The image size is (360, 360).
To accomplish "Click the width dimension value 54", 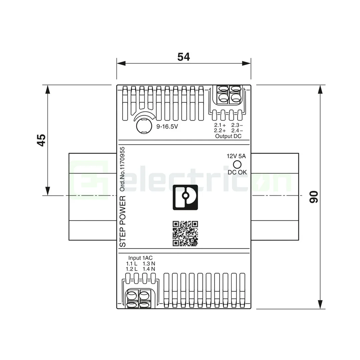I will pyautogui.click(x=183, y=57).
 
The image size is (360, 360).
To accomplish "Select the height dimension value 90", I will pyautogui.click(x=314, y=197).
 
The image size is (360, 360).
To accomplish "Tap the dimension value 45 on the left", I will pyautogui.click(x=41, y=140).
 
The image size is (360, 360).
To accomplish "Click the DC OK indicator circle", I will pyautogui.click(x=237, y=164).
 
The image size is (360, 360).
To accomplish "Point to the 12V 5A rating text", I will pyautogui.click(x=236, y=156).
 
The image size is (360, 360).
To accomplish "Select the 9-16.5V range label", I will pyautogui.click(x=167, y=127).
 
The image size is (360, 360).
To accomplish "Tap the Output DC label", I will pyautogui.click(x=228, y=136).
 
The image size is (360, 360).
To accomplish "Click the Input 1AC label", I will pyautogui.click(x=141, y=258).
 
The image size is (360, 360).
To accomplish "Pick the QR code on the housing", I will pyautogui.click(x=185, y=233).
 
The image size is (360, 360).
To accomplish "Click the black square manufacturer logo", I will pyautogui.click(x=185, y=197).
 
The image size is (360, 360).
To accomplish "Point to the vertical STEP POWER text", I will pyautogui.click(x=123, y=222).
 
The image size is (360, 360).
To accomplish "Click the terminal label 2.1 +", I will pyautogui.click(x=220, y=125).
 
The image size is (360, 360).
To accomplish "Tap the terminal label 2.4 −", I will pyautogui.click(x=237, y=131).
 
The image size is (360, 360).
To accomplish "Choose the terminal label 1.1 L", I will pyautogui.click(x=132, y=263).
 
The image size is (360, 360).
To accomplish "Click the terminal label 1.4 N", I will pyautogui.click(x=149, y=269).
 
